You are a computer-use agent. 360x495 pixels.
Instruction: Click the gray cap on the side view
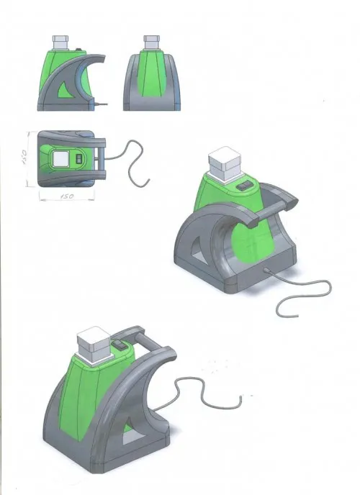60,42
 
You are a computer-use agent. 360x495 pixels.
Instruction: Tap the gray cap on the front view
152,42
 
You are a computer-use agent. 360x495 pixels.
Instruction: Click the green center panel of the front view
152,74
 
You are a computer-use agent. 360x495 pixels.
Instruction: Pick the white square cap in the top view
61,158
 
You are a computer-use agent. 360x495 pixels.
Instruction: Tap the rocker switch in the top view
79,158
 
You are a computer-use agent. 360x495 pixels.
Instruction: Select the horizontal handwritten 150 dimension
67,196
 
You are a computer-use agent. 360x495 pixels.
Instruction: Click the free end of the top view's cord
148,181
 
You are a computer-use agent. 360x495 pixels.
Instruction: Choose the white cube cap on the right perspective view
225,164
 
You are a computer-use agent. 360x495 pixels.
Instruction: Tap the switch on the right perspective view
245,186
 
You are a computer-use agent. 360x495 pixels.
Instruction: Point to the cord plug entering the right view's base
266,271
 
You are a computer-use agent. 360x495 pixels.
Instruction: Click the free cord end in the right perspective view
296,315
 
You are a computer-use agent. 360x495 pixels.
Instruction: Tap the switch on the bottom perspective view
120,345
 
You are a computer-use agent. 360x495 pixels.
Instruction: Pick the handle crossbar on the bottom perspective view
148,341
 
